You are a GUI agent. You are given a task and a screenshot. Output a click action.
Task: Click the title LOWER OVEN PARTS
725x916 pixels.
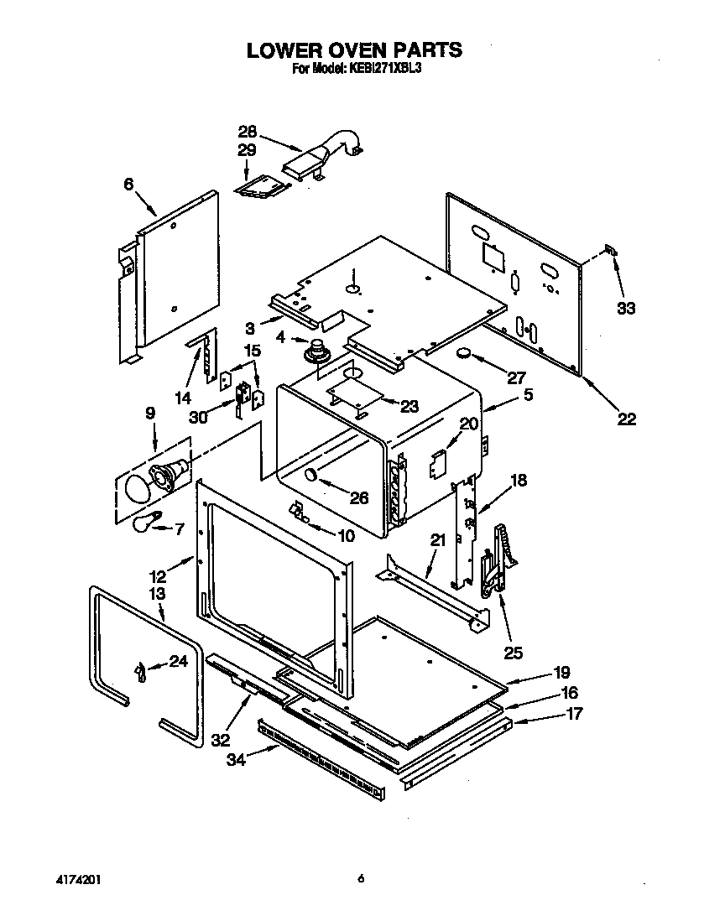[x=353, y=50]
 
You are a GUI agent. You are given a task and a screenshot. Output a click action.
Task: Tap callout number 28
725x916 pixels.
[x=247, y=132]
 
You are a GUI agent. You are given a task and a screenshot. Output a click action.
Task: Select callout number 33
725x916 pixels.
[x=626, y=308]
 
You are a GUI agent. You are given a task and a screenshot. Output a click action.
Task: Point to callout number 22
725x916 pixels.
[x=626, y=419]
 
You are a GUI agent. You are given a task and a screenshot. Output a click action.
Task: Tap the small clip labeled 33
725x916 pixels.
[x=611, y=251]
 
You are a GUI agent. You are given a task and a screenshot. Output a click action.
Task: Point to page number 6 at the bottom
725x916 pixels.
[x=361, y=879]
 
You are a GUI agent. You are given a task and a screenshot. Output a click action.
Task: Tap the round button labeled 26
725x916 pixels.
[x=310, y=476]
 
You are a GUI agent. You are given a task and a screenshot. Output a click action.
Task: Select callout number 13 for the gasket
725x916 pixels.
[x=157, y=594]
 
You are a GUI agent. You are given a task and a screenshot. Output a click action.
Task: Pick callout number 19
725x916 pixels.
[x=561, y=672]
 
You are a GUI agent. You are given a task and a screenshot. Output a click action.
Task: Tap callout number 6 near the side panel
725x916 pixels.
[x=128, y=185]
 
